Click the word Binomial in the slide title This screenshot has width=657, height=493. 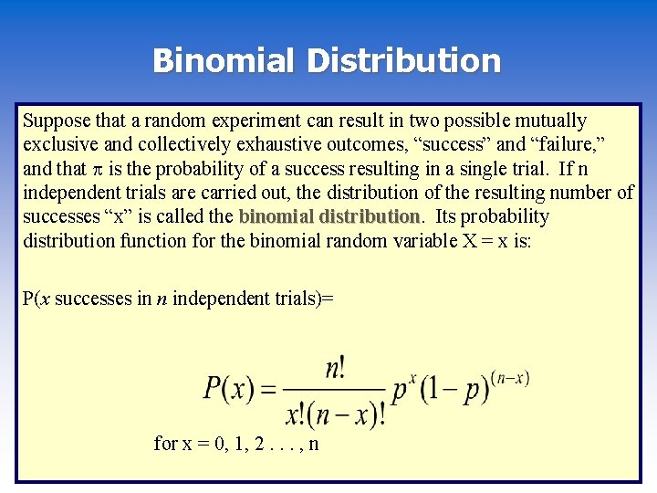tap(224, 60)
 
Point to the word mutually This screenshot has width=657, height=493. tap(550, 121)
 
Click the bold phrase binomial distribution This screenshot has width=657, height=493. tap(328, 216)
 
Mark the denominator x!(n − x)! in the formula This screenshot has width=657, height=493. tap(335, 415)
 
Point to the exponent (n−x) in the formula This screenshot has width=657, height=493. tap(509, 378)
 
